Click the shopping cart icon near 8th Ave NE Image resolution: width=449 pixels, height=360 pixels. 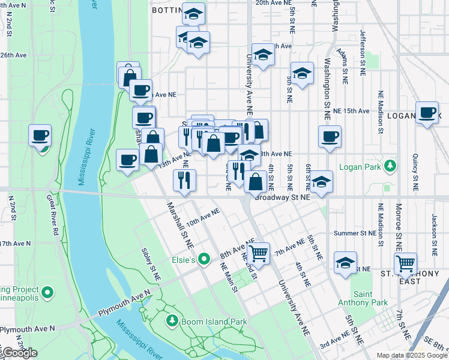258,253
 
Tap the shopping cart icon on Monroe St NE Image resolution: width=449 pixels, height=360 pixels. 406,263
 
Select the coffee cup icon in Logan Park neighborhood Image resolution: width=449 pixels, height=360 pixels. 427,112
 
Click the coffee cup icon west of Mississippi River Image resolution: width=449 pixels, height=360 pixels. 40,136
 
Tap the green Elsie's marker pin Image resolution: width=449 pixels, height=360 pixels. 205,260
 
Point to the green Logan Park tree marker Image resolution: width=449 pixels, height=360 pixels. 391,164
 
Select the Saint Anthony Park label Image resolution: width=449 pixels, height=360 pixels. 371,298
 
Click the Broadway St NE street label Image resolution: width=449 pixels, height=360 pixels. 282,197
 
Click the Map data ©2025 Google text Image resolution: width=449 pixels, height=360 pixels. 412,355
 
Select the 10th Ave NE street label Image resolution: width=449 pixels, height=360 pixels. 203,217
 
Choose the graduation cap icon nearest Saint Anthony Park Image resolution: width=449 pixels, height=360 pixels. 346,263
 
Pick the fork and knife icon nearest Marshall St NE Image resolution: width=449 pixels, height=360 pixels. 184,179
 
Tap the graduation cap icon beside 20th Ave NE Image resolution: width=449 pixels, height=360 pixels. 193,14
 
